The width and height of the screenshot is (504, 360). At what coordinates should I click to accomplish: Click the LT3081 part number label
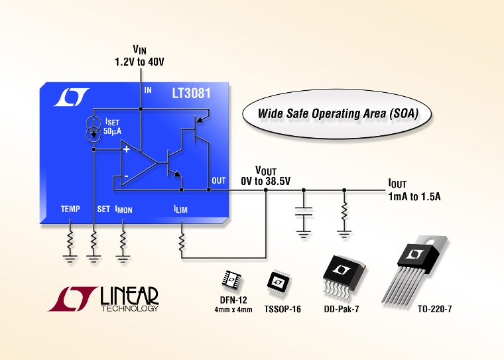tap(191, 93)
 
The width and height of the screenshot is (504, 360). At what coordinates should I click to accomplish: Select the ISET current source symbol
tap(94, 129)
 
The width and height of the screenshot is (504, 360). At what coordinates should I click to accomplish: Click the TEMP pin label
tap(70, 209)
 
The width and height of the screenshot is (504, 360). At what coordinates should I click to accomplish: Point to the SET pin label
tap(103, 209)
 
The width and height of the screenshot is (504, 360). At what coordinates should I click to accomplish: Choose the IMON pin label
tap(124, 210)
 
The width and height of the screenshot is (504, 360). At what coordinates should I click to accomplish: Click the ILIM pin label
tap(180, 210)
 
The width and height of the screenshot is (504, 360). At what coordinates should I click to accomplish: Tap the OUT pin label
tap(219, 180)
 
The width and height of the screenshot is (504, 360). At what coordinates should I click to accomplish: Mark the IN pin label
tap(148, 90)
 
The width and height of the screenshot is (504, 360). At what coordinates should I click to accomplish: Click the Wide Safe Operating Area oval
tap(336, 114)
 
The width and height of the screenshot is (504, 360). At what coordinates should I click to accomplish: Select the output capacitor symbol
tap(304, 213)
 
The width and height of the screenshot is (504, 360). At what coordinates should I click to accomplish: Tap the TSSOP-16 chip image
tap(278, 283)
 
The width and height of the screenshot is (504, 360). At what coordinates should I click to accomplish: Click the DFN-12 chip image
tap(231, 280)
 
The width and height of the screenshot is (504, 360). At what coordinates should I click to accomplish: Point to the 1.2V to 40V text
tap(139, 62)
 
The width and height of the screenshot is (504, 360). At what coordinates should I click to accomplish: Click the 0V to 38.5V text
tap(265, 181)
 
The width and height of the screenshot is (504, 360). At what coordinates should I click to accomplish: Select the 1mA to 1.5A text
tap(414, 196)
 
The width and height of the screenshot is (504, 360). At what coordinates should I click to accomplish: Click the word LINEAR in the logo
tap(129, 296)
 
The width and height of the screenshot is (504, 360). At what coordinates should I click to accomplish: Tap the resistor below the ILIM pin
tap(181, 243)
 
